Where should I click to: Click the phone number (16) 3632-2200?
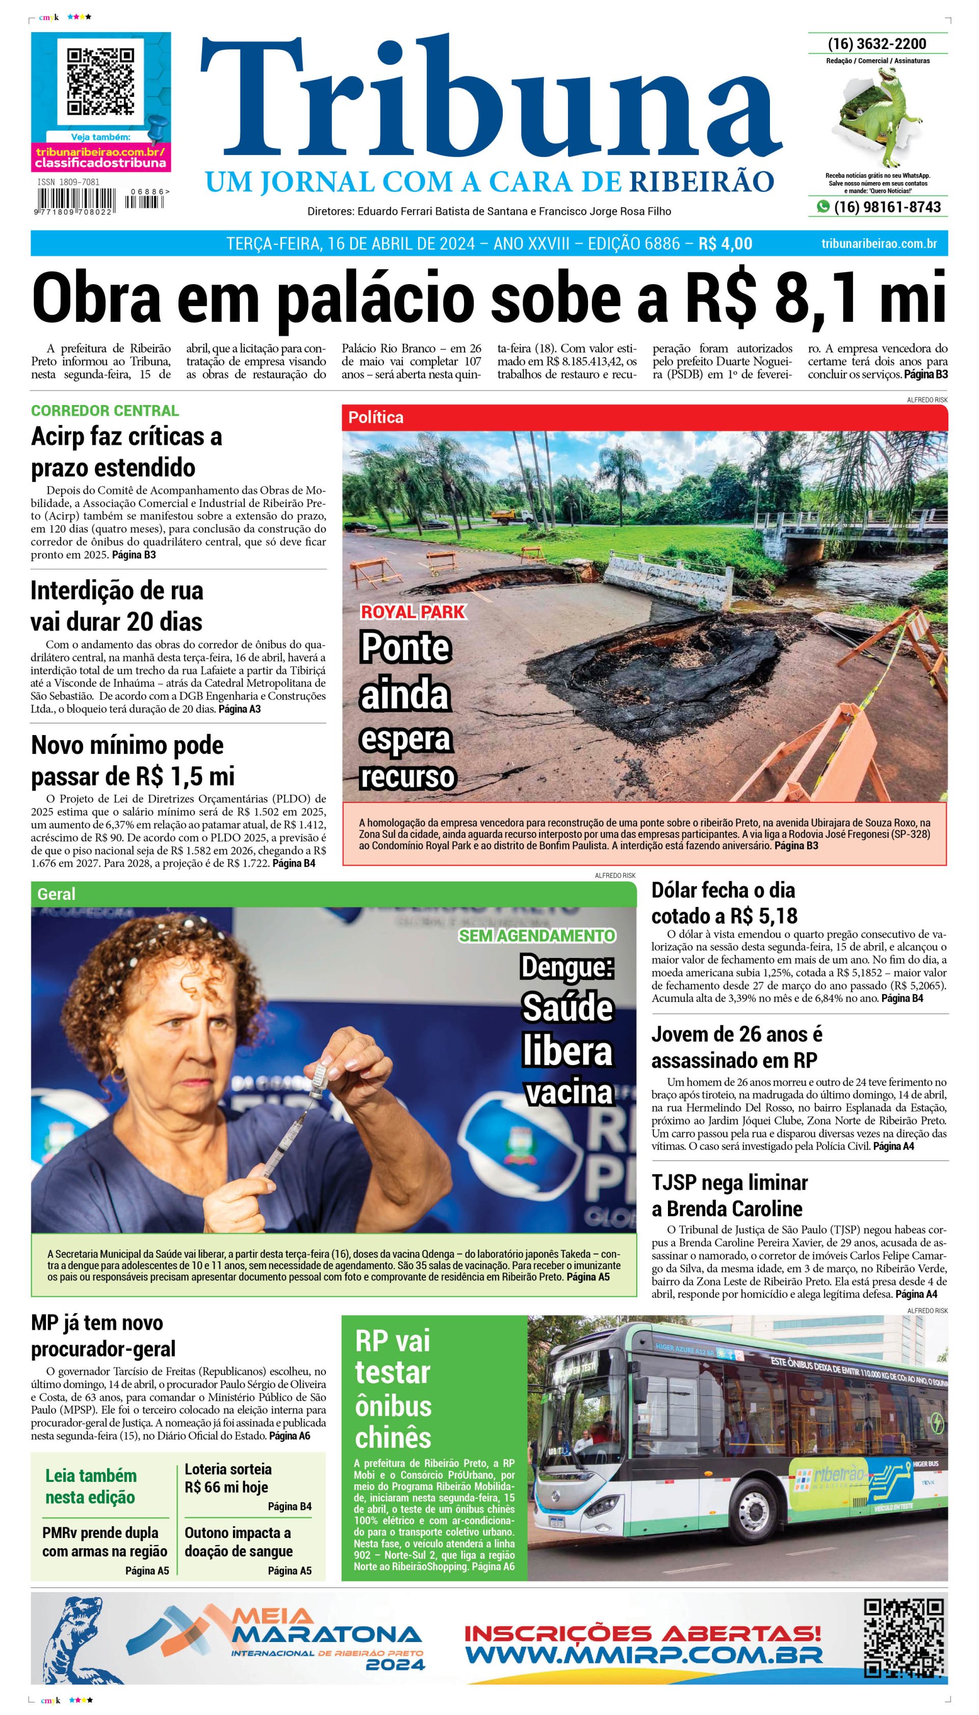click(x=877, y=44)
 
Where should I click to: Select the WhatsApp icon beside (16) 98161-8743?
click(x=822, y=207)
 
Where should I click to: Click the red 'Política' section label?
click(x=376, y=418)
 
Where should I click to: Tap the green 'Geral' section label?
click(x=57, y=894)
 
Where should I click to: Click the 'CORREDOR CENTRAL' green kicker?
click(x=105, y=410)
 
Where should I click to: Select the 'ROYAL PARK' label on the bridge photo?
click(x=413, y=612)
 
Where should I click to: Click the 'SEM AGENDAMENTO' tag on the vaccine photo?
click(x=536, y=936)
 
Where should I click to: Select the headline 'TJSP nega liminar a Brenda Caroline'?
click(x=730, y=1195)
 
